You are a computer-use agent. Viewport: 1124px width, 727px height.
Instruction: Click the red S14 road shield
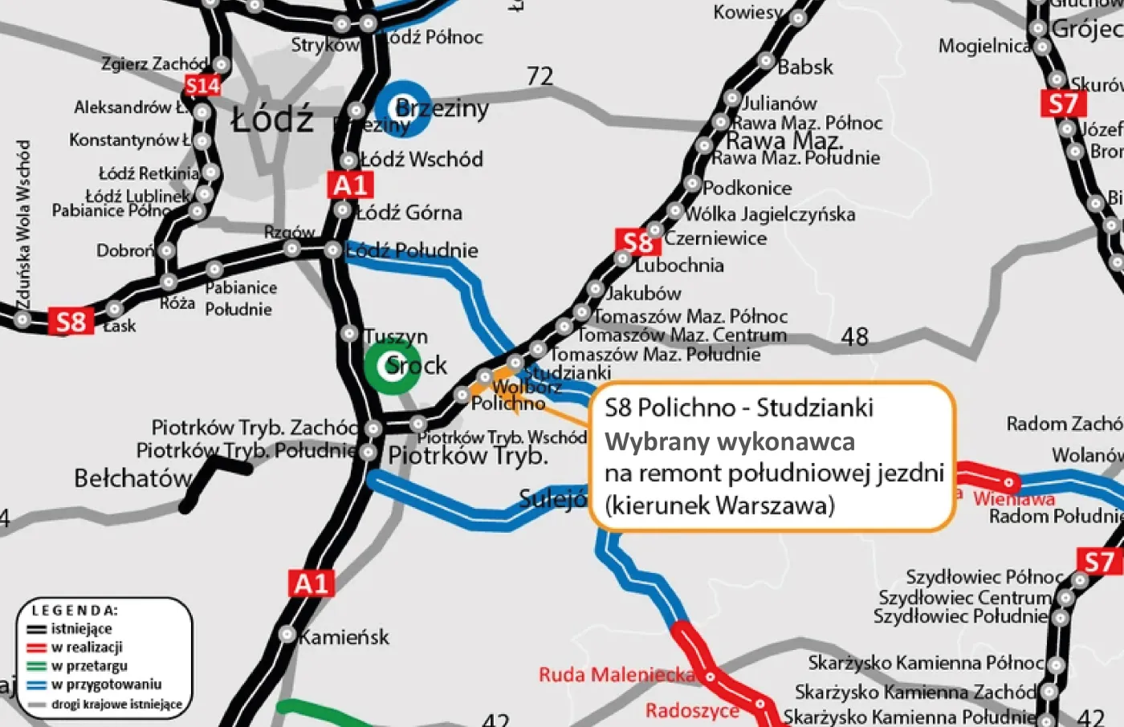202,85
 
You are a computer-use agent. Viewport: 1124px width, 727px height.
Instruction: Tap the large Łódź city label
272,120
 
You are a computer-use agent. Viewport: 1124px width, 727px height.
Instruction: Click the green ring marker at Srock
392,366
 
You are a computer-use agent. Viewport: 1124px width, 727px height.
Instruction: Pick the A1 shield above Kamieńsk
312,583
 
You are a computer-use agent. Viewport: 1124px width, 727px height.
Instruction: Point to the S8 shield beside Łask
71,322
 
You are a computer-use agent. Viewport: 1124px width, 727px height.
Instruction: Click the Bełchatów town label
133,479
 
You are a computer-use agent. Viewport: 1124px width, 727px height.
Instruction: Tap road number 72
540,76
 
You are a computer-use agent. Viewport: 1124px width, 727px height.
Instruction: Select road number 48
854,336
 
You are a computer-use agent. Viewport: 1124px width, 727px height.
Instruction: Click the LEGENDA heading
75,611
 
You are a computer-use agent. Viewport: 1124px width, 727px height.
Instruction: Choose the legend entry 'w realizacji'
87,647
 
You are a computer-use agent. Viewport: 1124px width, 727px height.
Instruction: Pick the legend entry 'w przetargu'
89,665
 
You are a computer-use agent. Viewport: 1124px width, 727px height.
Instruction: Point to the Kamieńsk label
344,637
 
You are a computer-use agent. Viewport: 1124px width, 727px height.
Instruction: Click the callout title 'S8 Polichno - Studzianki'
739,408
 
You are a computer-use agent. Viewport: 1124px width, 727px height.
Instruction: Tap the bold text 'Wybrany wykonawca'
729,441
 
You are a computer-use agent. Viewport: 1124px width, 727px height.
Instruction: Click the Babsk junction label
805,67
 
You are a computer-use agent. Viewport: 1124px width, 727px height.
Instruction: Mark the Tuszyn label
396,336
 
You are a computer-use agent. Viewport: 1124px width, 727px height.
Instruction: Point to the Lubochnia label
679,265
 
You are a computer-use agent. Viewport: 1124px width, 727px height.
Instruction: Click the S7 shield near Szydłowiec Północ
1099,562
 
